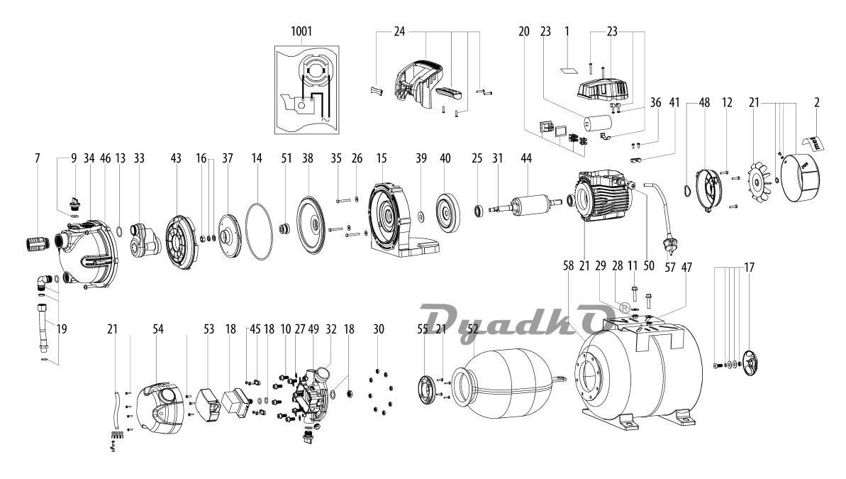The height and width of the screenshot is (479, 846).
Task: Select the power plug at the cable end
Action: point(667,245)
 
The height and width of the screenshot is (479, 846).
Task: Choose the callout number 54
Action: point(158,330)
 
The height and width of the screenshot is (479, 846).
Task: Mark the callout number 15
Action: point(384,160)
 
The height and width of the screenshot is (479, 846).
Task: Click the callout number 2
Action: point(817,103)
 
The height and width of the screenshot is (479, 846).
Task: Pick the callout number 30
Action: point(379,330)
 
